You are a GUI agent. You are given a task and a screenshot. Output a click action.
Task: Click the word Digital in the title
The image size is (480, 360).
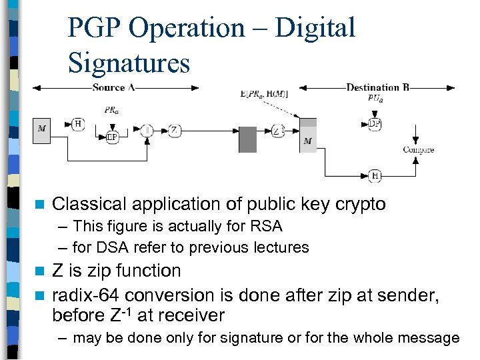315,28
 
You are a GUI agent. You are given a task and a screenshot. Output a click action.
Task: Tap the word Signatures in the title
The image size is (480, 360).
129,63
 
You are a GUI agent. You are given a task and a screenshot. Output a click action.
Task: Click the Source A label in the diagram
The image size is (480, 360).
113,87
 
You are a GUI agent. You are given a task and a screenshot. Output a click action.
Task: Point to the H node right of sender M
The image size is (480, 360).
78,123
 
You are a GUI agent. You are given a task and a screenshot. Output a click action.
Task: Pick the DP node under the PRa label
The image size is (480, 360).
112,137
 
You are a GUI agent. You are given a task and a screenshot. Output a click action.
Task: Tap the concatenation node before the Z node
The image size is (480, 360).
147,130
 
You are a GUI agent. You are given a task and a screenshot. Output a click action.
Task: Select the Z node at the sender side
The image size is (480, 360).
173,130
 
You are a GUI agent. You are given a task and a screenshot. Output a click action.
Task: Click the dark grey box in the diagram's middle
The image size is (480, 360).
247,139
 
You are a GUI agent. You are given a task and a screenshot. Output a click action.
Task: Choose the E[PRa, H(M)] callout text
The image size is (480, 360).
263,94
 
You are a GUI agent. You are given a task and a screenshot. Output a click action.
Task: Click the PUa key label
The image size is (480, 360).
375,99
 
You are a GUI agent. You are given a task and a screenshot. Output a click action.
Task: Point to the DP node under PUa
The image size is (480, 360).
375,123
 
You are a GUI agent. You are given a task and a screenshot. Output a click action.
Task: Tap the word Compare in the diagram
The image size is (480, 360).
418,150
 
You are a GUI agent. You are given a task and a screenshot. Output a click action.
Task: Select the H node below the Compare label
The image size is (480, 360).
375,175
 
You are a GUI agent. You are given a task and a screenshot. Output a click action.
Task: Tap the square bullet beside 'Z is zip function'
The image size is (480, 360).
40,271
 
